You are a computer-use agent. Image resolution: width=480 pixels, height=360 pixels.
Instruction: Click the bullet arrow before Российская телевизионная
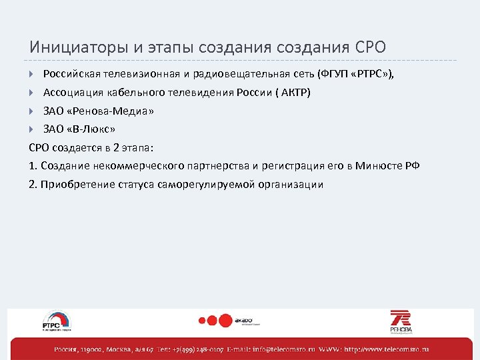coord(32,73)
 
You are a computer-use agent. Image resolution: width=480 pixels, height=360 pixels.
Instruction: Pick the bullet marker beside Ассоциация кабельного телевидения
coord(32,92)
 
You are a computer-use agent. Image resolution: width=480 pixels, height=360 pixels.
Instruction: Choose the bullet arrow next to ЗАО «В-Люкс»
coord(32,129)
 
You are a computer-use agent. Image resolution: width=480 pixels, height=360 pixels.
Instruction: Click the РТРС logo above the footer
coord(57,321)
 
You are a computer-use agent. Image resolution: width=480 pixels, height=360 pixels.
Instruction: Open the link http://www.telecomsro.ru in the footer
coord(387,349)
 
